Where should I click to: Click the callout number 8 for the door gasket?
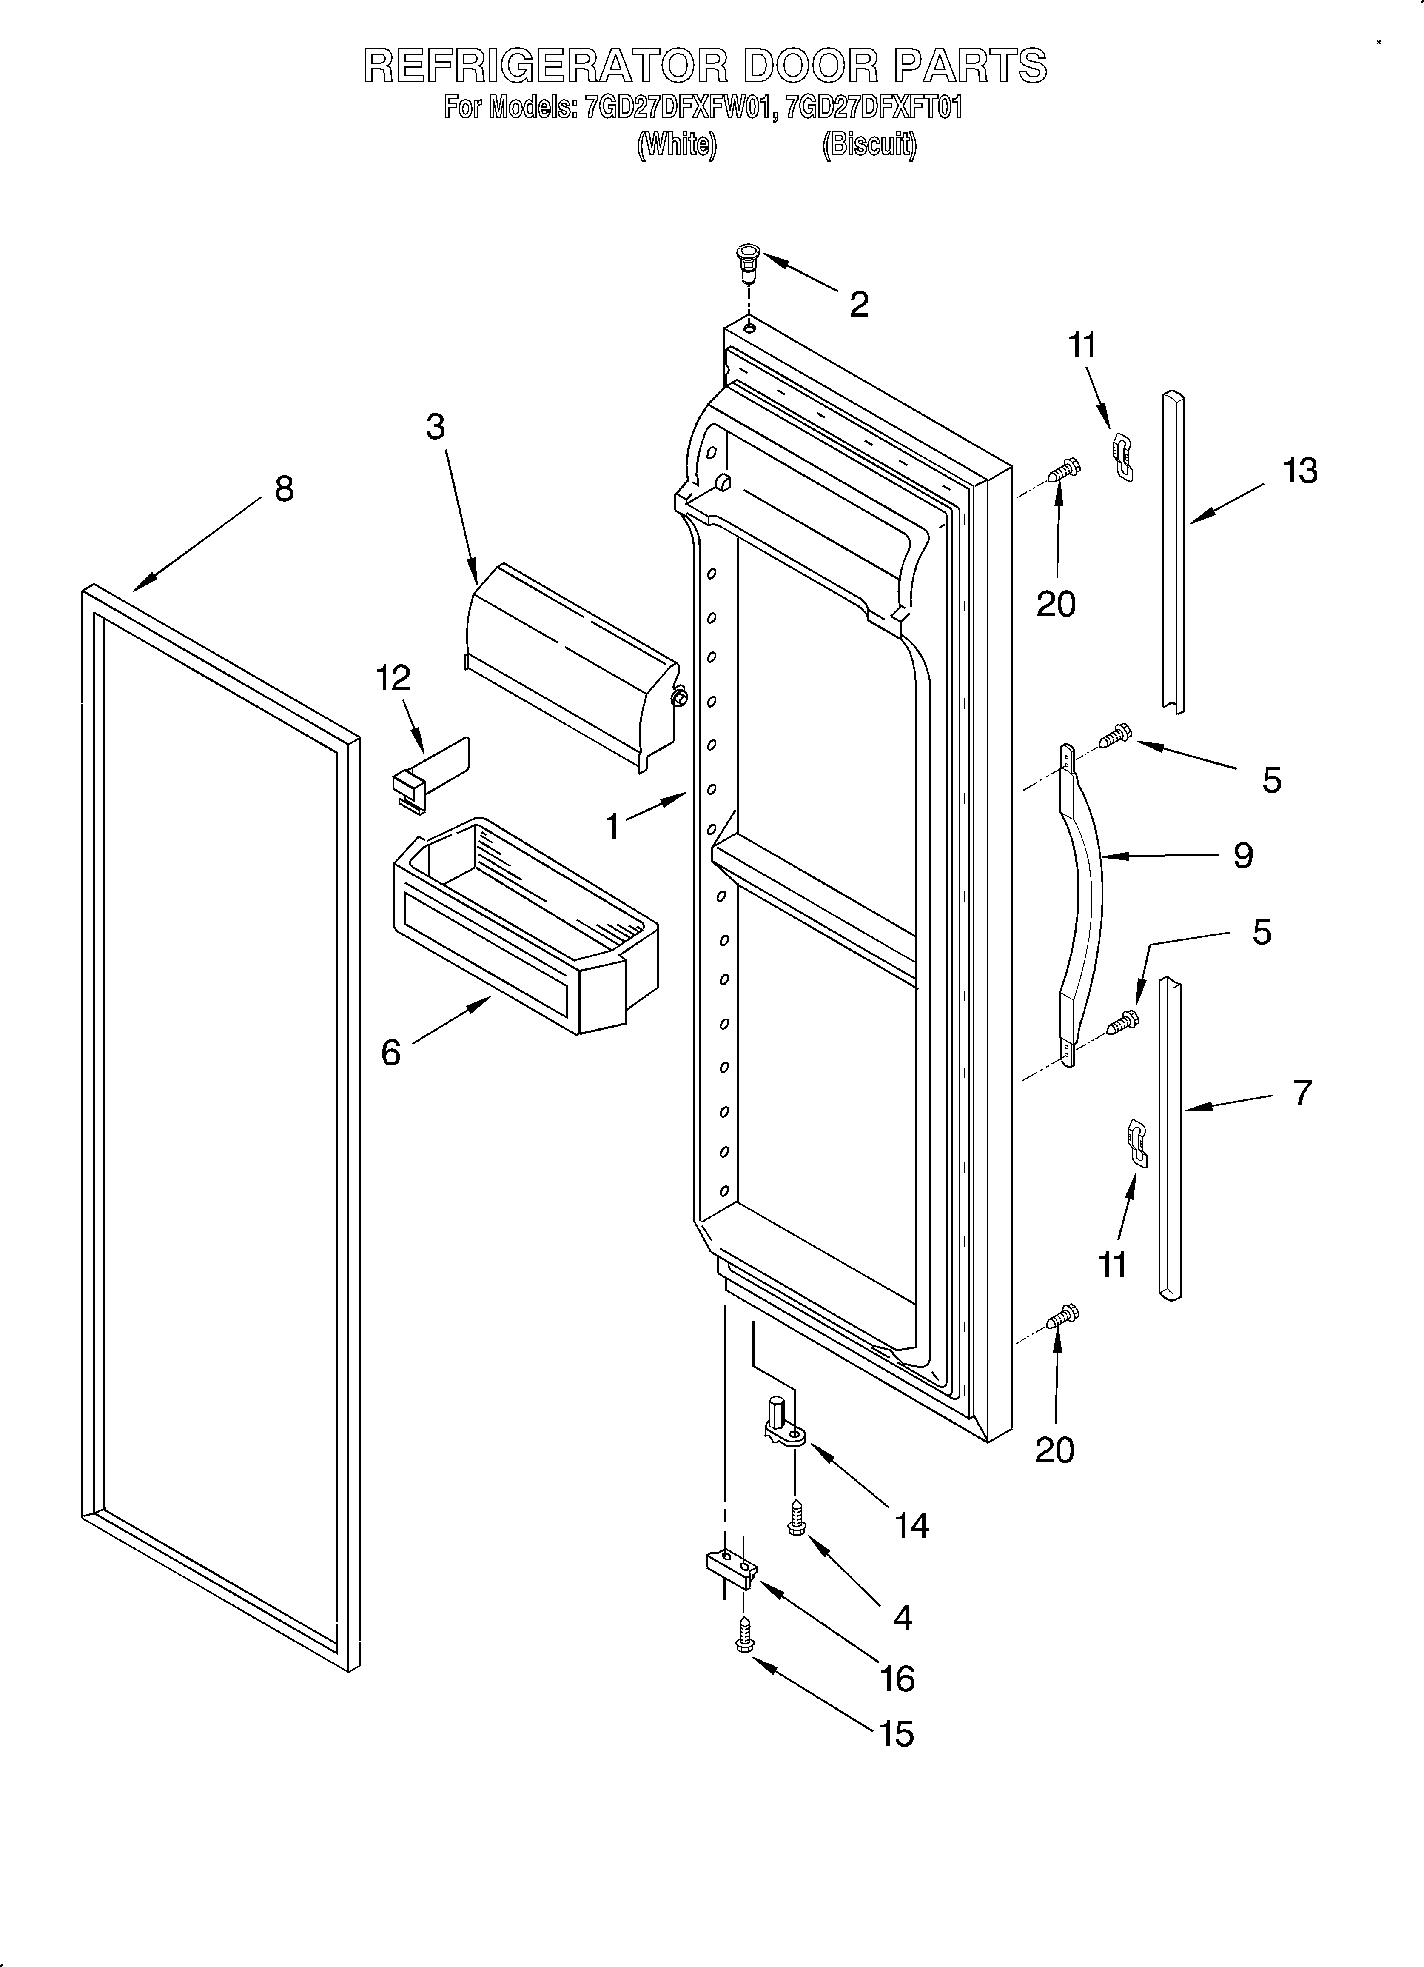[284, 489]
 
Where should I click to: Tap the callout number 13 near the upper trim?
[1300, 471]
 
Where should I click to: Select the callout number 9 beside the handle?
[1243, 856]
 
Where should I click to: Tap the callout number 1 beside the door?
[613, 827]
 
